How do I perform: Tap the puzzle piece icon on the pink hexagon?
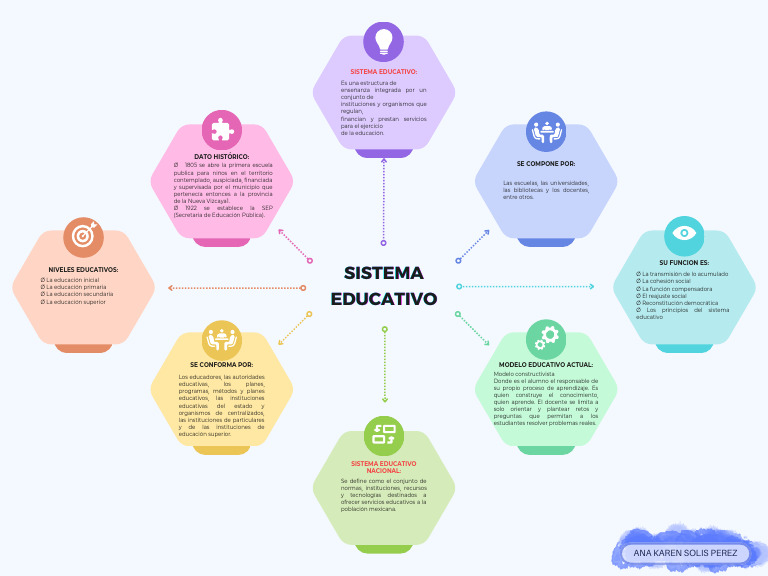(x=222, y=130)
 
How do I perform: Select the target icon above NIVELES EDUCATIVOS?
(x=84, y=237)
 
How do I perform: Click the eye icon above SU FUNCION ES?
(x=684, y=233)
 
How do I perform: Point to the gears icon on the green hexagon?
(x=547, y=339)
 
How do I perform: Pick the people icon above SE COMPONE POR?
(x=546, y=131)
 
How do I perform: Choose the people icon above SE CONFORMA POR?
(x=222, y=340)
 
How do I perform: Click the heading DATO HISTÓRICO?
(x=222, y=157)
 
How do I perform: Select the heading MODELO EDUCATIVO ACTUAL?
(x=545, y=365)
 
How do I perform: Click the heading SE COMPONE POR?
(x=546, y=163)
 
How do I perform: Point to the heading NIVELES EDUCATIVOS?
(x=84, y=269)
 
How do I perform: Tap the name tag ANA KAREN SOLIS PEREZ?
(x=685, y=553)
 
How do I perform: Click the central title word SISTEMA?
(x=384, y=273)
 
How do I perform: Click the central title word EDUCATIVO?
(x=384, y=299)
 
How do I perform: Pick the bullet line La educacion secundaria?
(x=78, y=294)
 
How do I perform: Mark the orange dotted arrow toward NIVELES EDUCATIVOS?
(x=236, y=288)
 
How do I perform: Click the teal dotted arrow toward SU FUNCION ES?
(x=526, y=287)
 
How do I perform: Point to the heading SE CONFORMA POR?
(x=222, y=365)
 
